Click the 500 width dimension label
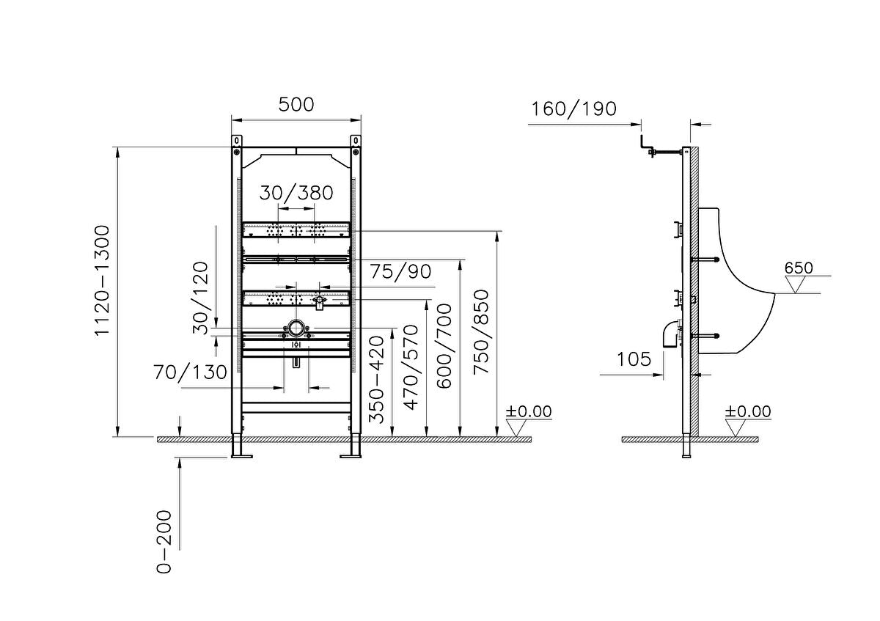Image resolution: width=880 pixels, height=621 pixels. [296, 105]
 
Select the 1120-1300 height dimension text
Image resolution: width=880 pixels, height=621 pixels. [102, 280]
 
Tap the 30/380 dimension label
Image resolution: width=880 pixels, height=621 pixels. [296, 193]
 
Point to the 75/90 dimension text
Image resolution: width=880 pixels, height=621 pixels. [400, 272]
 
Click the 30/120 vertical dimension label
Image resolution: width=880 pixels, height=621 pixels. [200, 298]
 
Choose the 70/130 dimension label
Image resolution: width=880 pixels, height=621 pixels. [190, 372]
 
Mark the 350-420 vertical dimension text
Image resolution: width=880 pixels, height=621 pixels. [376, 380]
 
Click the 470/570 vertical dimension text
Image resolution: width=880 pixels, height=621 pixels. [411, 367]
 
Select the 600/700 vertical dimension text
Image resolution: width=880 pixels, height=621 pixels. [444, 346]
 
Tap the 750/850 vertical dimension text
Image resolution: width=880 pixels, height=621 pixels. [481, 332]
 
